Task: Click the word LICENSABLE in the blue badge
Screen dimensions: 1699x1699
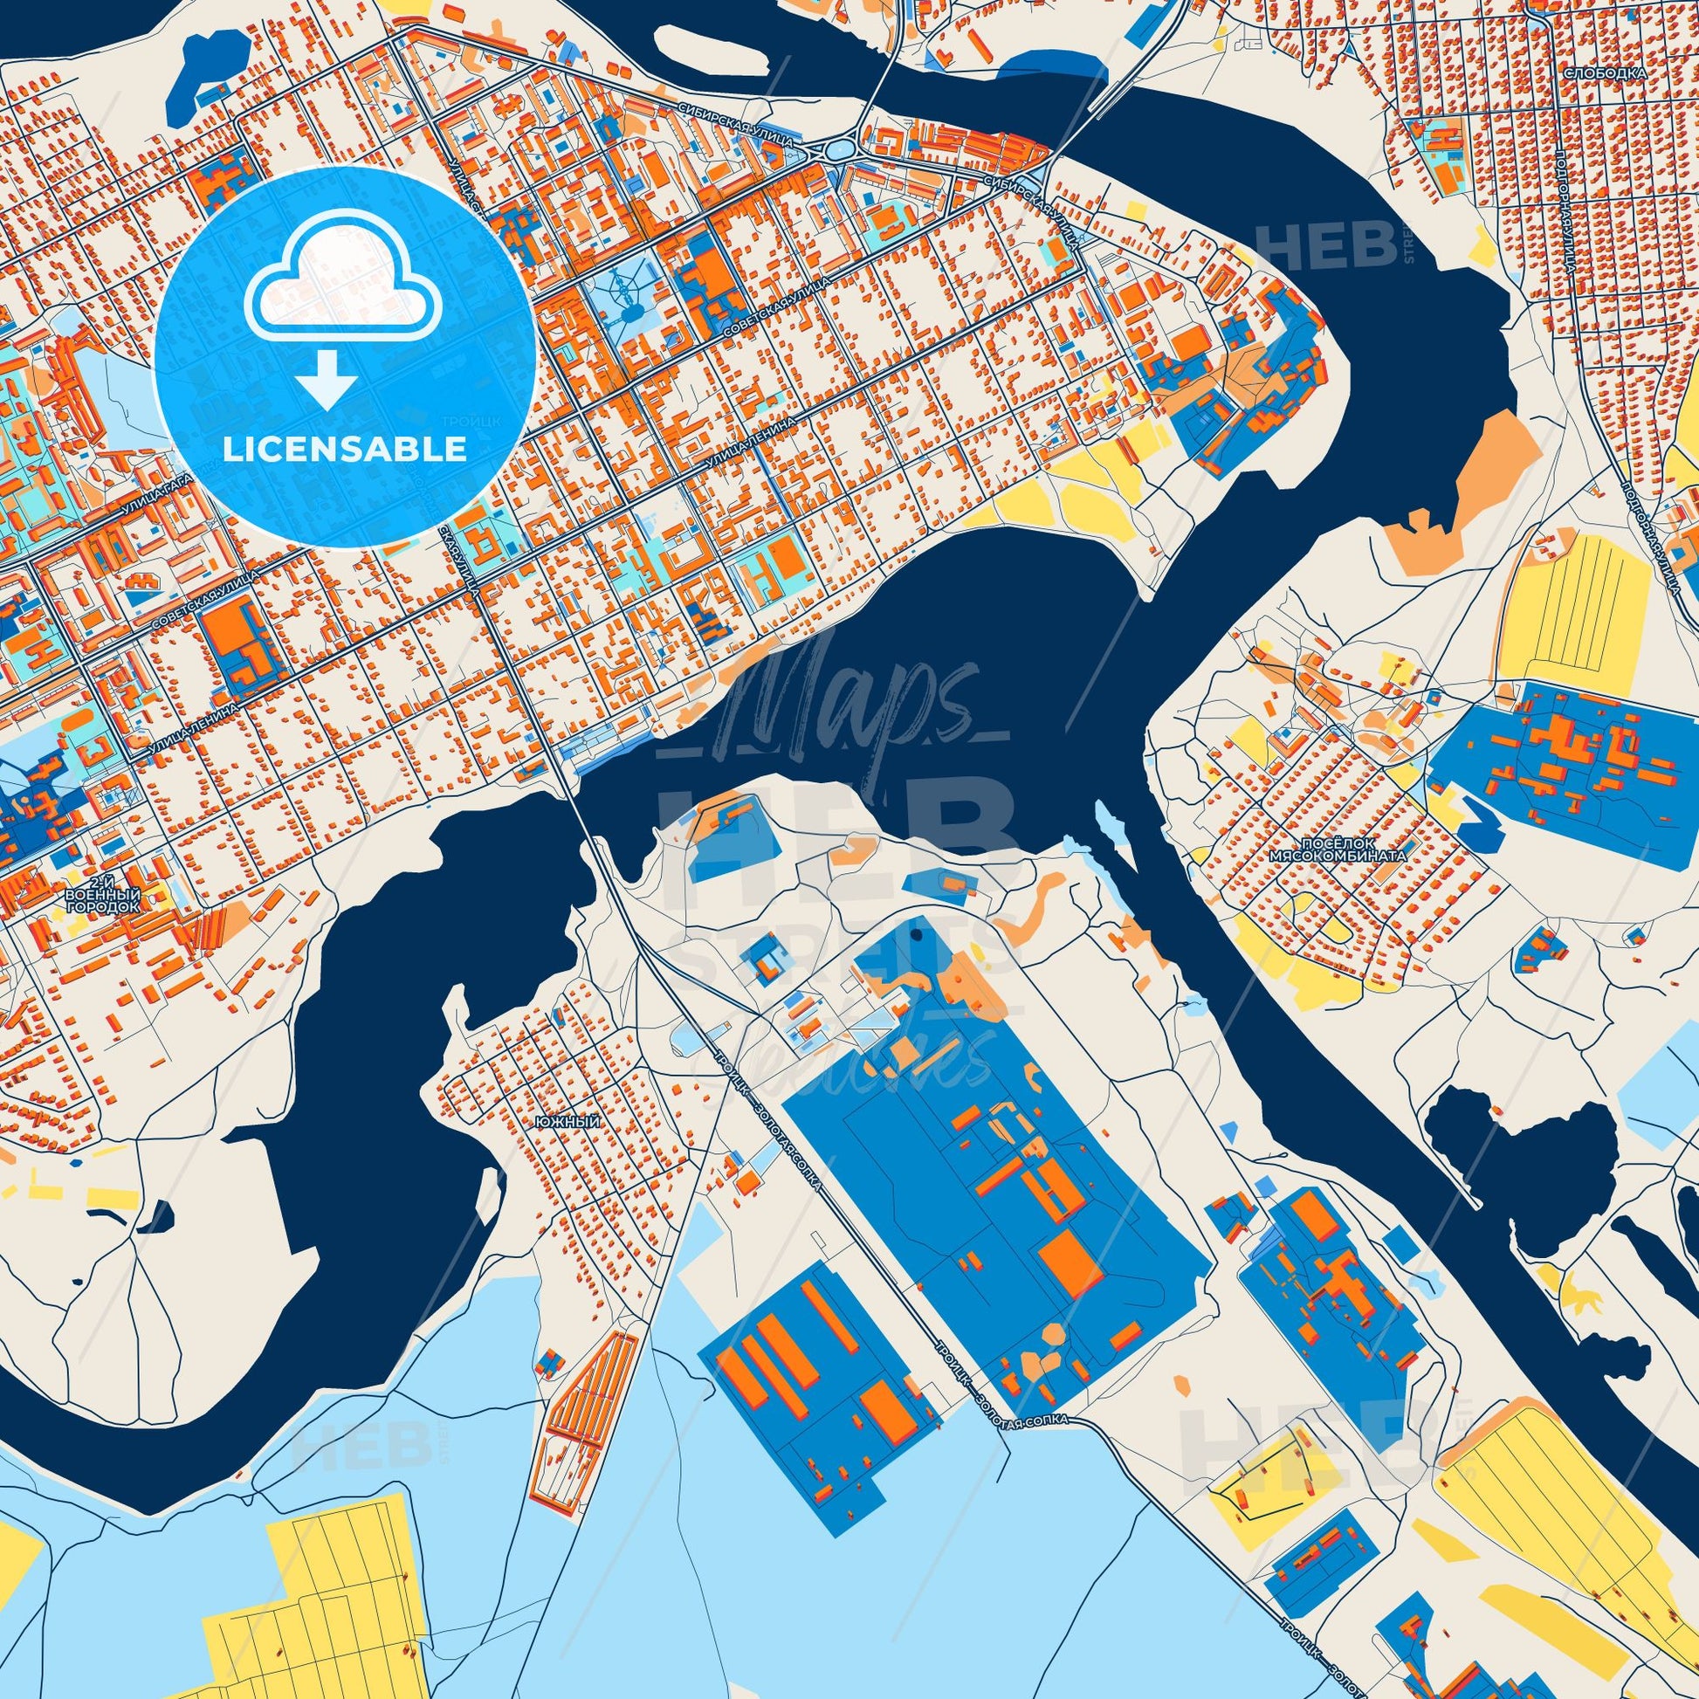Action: coord(345,451)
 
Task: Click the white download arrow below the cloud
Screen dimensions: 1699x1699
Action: coord(325,377)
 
